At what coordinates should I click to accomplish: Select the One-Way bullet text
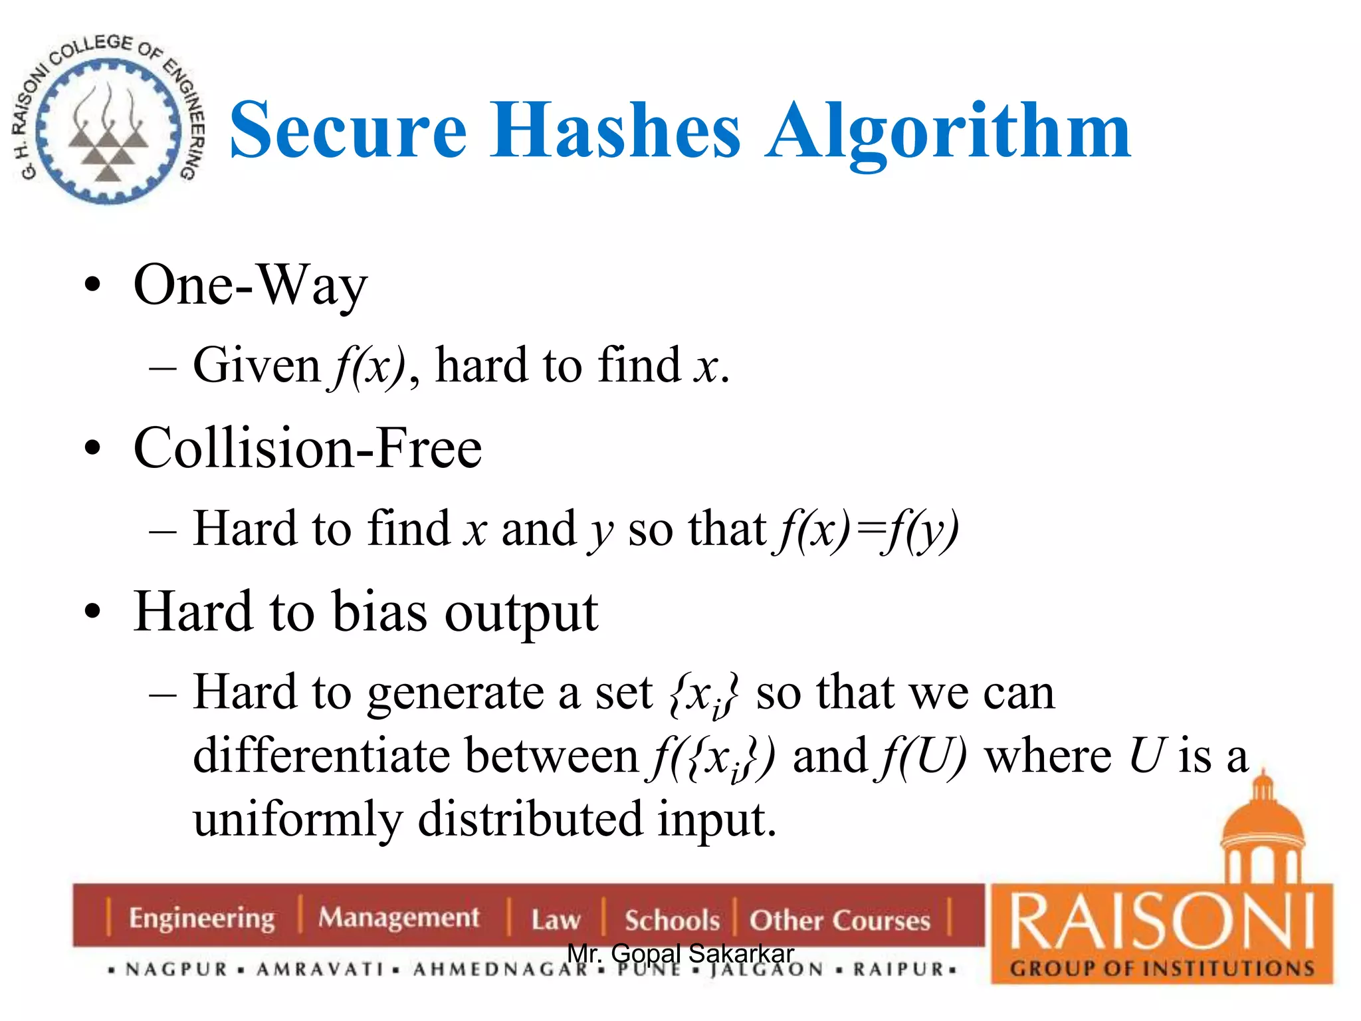(x=250, y=286)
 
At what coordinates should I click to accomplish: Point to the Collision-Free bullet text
(x=307, y=448)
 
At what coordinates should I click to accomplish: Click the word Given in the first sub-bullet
(x=257, y=366)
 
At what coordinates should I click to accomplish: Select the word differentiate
(x=320, y=756)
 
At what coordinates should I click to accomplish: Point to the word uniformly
(x=298, y=818)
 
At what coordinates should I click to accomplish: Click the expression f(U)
(x=922, y=756)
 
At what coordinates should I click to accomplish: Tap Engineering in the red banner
(x=201, y=919)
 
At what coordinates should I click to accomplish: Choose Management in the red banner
(x=399, y=918)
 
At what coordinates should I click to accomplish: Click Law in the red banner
(x=556, y=920)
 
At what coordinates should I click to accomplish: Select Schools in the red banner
(x=671, y=920)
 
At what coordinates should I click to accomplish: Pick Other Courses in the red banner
(x=839, y=920)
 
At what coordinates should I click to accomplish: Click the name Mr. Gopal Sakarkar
(x=680, y=953)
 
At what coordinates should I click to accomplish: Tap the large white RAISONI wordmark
(x=1162, y=921)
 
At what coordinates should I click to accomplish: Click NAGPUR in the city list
(x=177, y=970)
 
